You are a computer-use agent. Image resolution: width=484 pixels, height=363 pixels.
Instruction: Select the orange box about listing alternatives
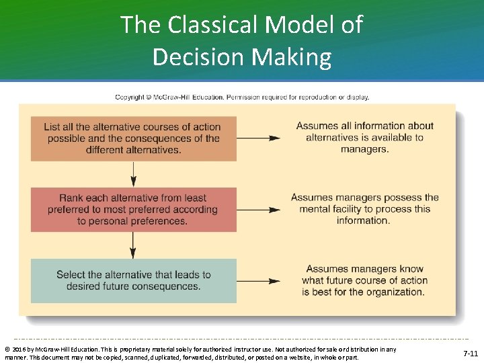pyautogui.click(x=133, y=138)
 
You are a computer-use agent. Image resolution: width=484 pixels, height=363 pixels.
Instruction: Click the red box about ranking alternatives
pyautogui.click(x=133, y=209)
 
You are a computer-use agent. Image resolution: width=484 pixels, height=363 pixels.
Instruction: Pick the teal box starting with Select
pyautogui.click(x=133, y=280)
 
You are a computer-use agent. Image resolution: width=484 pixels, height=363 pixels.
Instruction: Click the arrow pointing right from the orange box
pyautogui.click(x=259, y=138)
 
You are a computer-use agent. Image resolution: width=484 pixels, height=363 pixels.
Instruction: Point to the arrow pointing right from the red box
pyautogui.click(x=259, y=209)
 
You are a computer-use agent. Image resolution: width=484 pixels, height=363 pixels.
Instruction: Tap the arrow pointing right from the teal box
pyautogui.click(x=259, y=280)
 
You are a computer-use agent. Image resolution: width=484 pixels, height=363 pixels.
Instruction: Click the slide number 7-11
pyautogui.click(x=471, y=353)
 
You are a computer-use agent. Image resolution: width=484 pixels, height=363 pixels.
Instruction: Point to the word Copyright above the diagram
pyautogui.click(x=130, y=97)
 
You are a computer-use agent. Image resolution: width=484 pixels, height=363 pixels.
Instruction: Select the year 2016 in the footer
pyautogui.click(x=19, y=350)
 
